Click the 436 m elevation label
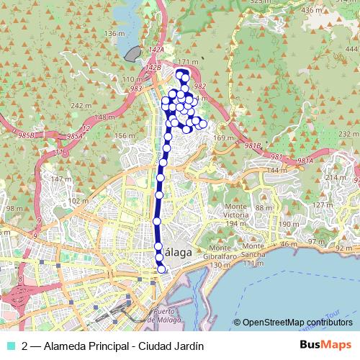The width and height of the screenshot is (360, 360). point(312,10)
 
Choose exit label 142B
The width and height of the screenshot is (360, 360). point(153,67)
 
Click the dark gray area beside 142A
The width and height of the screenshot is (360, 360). point(132,53)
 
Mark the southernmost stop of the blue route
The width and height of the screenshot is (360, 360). point(161,269)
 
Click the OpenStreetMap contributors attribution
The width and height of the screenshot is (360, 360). point(298,323)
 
